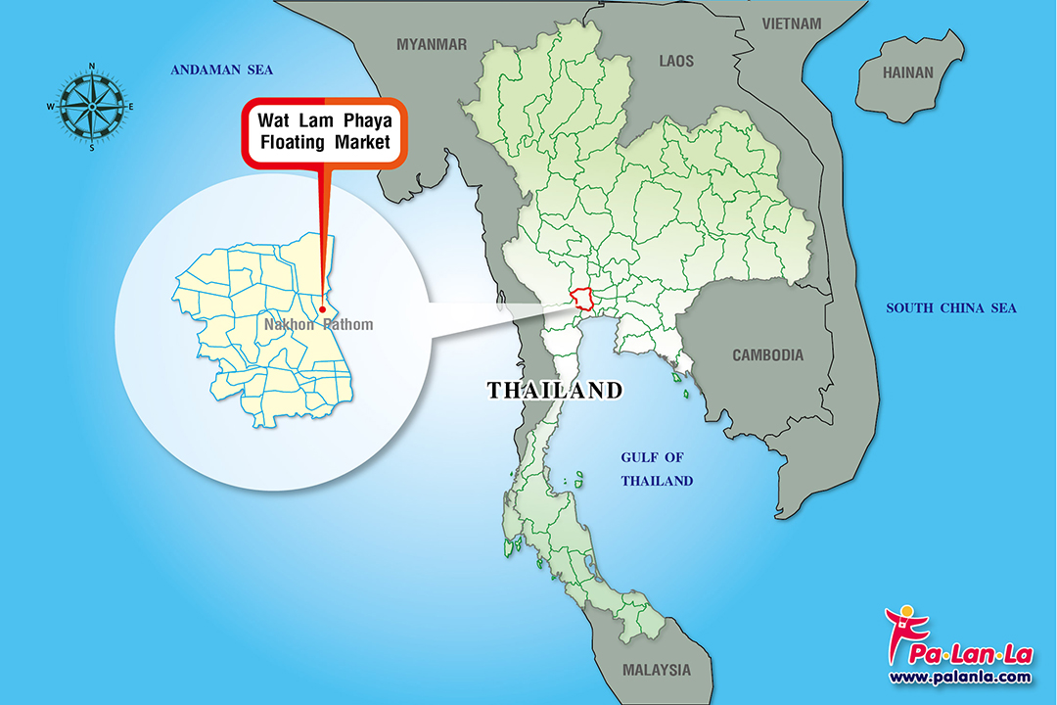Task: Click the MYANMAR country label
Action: [x=432, y=44]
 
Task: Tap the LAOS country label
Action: [x=676, y=61]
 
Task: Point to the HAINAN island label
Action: [x=908, y=72]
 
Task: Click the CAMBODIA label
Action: [x=768, y=355]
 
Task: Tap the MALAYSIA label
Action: [x=656, y=671]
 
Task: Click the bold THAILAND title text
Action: [x=555, y=391]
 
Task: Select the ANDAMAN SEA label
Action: [x=221, y=70]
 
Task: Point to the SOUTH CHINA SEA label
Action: [x=951, y=308]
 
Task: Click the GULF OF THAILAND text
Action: [x=657, y=469]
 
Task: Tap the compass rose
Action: [x=92, y=106]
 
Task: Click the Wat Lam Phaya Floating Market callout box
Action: [x=324, y=133]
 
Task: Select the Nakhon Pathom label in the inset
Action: [x=318, y=324]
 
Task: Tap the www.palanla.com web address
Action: [x=959, y=677]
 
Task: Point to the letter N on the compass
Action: [x=92, y=67]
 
